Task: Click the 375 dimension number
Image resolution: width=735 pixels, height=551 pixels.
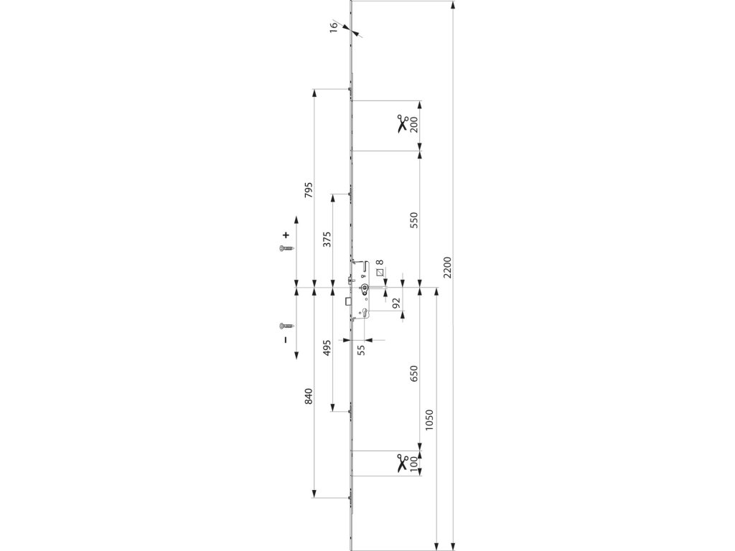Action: (x=327, y=240)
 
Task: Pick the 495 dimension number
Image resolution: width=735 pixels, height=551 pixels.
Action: (x=327, y=349)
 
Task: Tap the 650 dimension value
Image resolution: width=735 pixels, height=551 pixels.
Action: (x=414, y=375)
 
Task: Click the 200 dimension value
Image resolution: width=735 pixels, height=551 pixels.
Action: (x=414, y=125)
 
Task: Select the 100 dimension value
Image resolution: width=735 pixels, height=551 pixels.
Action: (x=414, y=463)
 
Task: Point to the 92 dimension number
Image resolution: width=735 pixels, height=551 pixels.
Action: (x=396, y=302)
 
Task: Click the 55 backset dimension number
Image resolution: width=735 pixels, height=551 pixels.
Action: (x=362, y=349)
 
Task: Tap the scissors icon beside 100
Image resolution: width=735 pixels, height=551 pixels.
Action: (x=402, y=463)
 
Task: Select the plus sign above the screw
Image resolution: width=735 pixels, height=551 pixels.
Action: (x=286, y=235)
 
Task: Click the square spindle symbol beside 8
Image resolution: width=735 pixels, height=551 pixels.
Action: (x=380, y=272)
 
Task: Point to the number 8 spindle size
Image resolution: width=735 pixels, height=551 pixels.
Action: (x=380, y=263)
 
